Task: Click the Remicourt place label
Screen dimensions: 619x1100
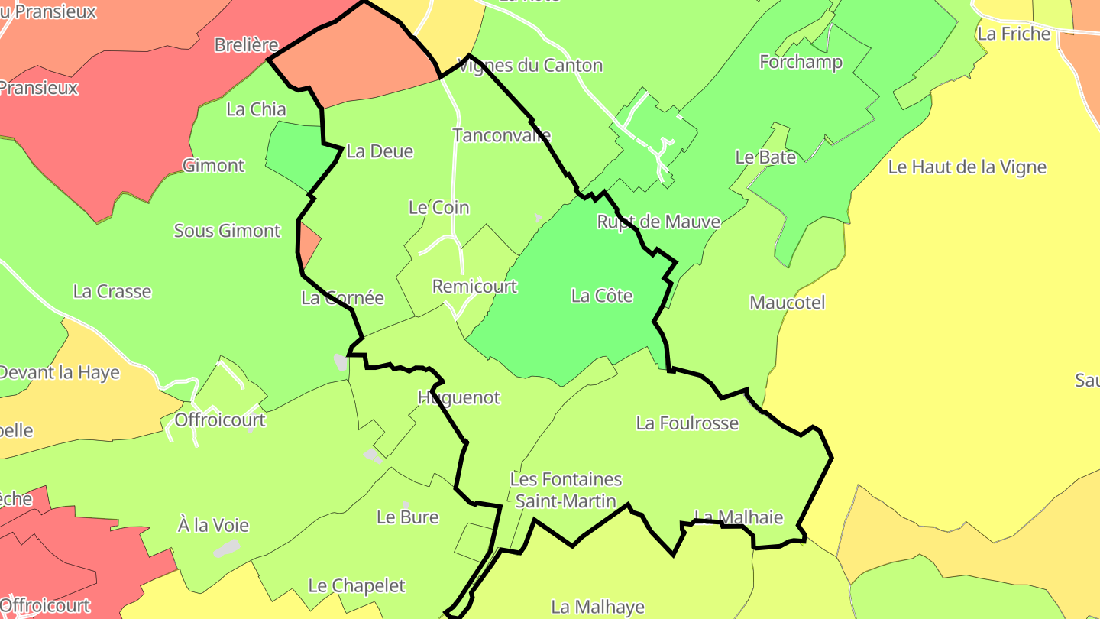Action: (474, 287)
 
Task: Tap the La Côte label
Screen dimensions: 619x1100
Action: (602, 296)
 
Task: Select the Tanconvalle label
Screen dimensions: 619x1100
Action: (501, 136)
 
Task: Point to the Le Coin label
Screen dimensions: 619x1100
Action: (438, 207)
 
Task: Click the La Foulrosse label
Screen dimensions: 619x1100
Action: (687, 423)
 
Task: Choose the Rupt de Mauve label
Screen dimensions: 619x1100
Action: (658, 222)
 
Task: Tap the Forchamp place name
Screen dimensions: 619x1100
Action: (801, 62)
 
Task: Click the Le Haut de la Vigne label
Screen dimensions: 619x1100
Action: (966, 167)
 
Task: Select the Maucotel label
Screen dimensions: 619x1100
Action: (787, 303)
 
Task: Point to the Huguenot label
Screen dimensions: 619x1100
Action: (458, 397)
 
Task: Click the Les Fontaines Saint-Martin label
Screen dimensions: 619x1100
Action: (565, 490)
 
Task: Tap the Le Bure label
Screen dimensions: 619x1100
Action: (407, 517)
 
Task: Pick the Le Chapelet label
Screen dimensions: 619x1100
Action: (356, 586)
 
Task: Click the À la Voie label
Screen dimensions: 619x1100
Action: (213, 526)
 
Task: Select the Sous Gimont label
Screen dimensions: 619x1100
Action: (227, 231)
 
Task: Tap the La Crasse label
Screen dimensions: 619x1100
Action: (112, 291)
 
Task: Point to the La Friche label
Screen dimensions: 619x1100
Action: (1014, 34)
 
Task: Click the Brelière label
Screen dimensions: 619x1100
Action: (246, 45)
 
